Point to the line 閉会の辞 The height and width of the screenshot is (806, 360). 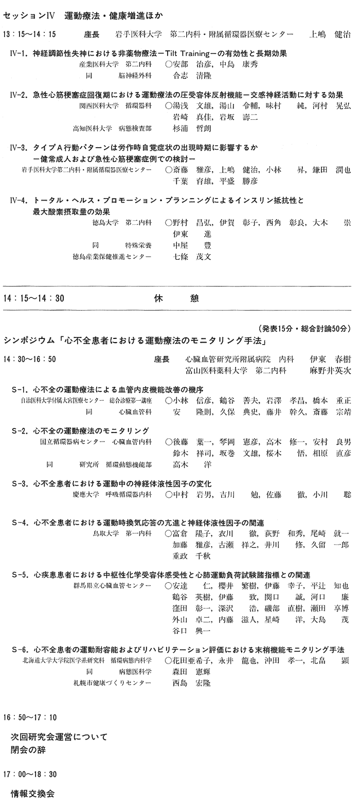[28, 749]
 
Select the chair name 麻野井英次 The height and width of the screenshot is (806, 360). [330, 370]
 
